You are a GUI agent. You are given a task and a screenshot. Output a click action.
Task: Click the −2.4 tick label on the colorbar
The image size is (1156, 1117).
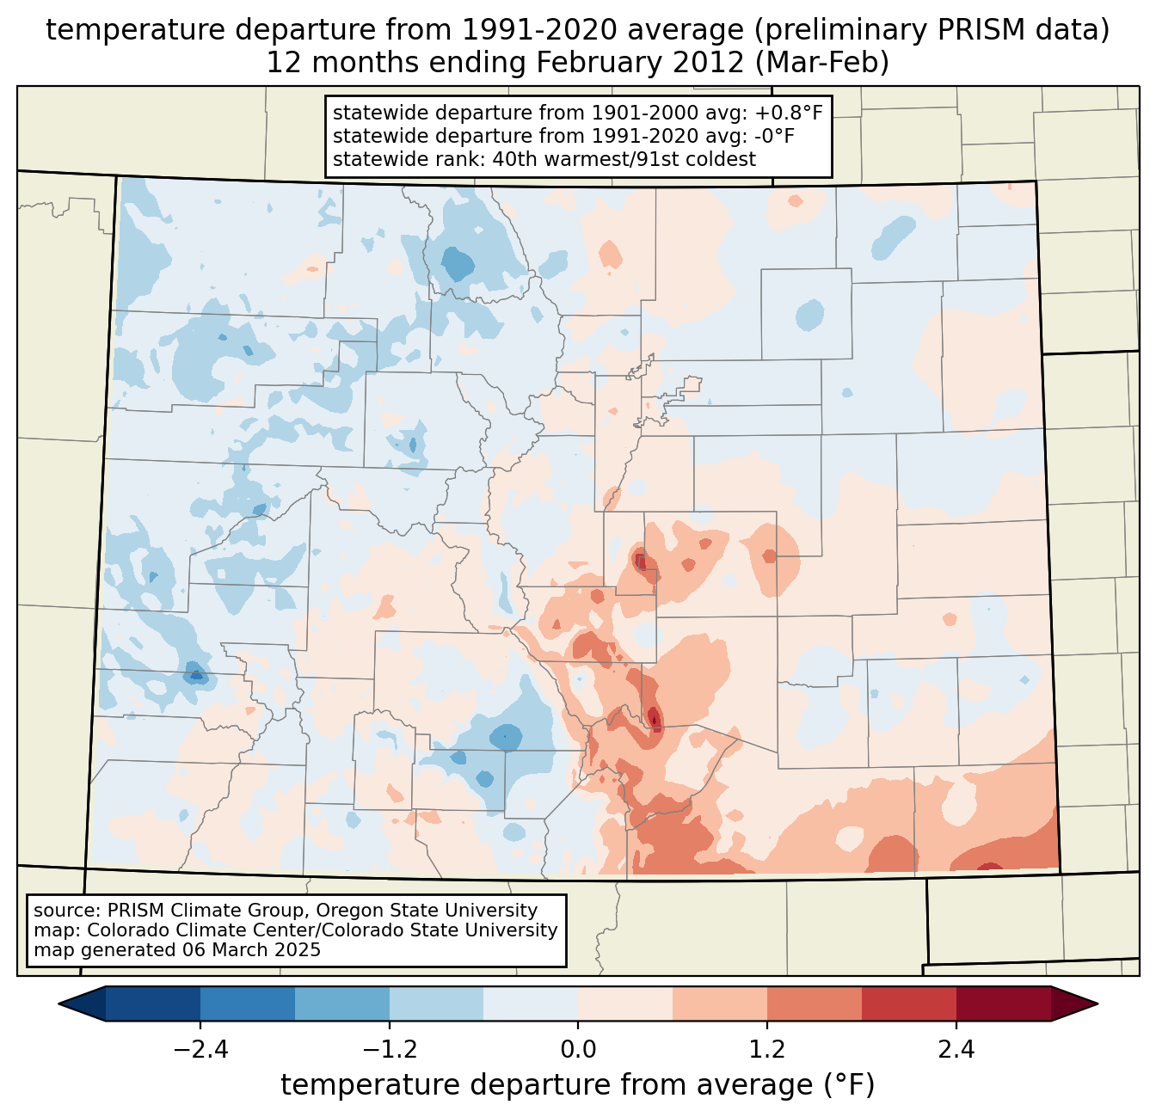click(x=200, y=1050)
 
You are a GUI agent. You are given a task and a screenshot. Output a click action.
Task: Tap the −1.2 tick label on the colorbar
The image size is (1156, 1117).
click(x=390, y=1050)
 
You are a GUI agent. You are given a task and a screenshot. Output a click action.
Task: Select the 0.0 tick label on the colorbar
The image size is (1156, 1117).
click(x=578, y=1050)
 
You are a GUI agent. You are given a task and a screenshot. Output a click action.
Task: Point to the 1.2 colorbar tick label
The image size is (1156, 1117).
click(x=767, y=1050)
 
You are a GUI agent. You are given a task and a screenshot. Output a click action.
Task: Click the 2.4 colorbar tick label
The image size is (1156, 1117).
click(x=956, y=1050)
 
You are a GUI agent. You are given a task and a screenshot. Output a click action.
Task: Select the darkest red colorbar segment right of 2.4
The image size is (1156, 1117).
click(x=1003, y=1003)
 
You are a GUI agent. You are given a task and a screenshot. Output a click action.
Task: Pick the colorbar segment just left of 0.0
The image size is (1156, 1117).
click(x=531, y=1003)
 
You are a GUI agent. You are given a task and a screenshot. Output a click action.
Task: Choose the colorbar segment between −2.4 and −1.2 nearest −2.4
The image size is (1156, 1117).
click(x=248, y=1003)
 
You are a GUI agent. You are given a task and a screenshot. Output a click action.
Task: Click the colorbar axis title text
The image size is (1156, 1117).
click(x=578, y=1086)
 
